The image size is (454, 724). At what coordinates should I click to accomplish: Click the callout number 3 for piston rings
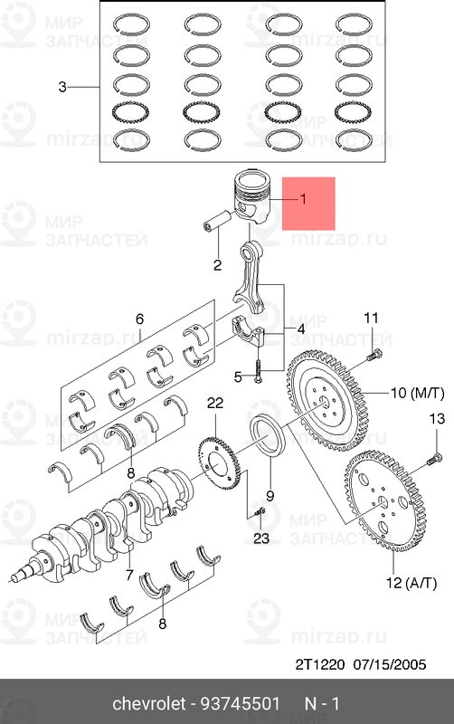click(62, 87)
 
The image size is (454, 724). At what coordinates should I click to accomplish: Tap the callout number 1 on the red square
click(303, 199)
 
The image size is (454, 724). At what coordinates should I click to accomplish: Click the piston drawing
click(252, 196)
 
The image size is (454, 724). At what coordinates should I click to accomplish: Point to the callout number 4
click(301, 329)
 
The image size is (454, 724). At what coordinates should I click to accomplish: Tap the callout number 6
click(139, 319)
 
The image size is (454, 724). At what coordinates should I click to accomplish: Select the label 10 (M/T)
click(418, 394)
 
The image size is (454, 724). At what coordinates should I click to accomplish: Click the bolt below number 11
click(374, 356)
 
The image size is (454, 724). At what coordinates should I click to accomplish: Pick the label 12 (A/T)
click(411, 583)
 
